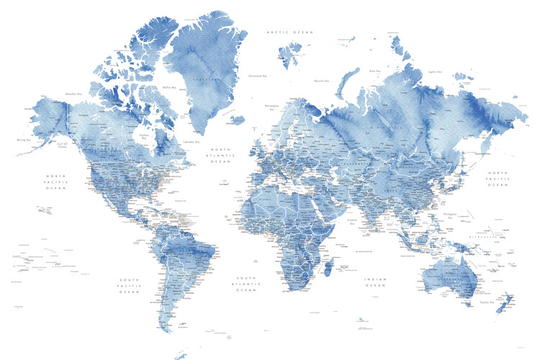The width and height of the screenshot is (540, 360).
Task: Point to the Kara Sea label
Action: [374, 71]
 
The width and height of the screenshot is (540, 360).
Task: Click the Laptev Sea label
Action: [433, 71]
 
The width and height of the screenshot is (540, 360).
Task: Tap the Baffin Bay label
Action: [170, 88]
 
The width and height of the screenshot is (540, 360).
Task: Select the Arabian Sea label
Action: [353, 220]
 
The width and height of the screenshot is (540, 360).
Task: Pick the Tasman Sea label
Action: [487, 302]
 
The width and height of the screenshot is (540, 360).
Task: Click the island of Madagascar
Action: [330, 269]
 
